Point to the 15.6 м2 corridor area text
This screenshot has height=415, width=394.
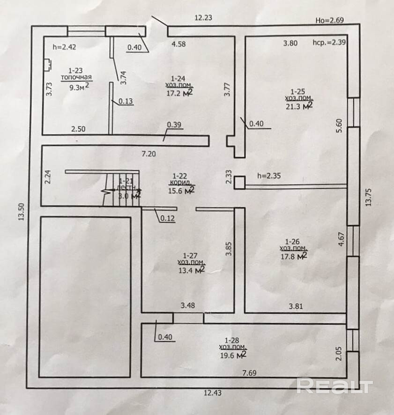coord(181,191)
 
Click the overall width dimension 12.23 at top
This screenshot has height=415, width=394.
coord(204,18)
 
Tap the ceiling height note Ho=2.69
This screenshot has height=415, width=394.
coord(330,21)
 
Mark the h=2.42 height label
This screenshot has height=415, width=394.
coord(65,46)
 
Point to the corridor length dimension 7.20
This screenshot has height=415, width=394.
coord(149,153)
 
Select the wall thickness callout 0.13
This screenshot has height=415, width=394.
coord(125,101)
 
